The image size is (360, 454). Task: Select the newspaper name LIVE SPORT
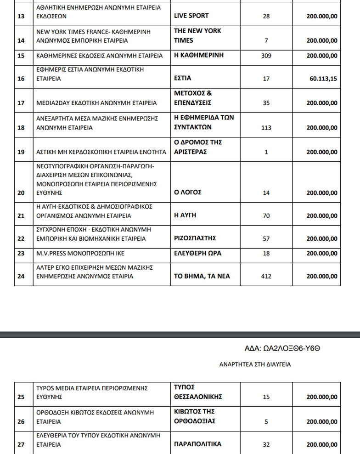[x=191, y=16]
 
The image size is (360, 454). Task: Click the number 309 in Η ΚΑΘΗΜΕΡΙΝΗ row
[x=266, y=56]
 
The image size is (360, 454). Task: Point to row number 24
[x=21, y=276]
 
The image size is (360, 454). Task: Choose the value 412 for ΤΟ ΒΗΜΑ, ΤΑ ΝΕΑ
[x=266, y=276]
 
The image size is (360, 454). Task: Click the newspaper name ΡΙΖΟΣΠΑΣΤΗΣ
[x=195, y=238]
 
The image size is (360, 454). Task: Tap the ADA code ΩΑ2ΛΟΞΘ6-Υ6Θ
[x=282, y=348]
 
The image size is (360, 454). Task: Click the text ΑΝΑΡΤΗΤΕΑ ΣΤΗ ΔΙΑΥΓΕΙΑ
[x=255, y=364]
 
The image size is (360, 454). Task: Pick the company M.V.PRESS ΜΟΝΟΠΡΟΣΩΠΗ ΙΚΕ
[x=80, y=253]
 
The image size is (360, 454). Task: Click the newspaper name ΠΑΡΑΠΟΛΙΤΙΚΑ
[x=197, y=444]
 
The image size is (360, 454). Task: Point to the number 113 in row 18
[x=266, y=128]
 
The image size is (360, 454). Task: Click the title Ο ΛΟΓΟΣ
[x=188, y=192]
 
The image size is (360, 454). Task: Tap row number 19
[x=21, y=152]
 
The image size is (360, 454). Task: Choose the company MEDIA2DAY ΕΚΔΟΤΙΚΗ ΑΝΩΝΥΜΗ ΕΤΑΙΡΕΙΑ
[x=96, y=103]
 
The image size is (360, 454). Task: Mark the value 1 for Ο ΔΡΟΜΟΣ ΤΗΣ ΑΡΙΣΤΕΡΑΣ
[x=266, y=152]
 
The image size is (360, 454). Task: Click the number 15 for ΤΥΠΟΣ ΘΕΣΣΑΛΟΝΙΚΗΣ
[x=266, y=397]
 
